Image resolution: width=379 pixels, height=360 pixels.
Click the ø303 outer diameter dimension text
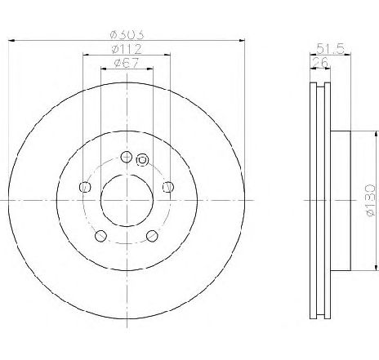tap(127, 34)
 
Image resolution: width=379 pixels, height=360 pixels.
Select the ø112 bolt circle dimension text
tap(127, 49)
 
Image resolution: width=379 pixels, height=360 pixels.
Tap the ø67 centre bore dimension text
tap(127, 63)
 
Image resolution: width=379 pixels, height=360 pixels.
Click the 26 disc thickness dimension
tap(321, 62)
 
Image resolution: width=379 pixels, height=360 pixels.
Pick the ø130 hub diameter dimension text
tap(371, 201)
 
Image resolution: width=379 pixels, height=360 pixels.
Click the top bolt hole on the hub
tap(127, 157)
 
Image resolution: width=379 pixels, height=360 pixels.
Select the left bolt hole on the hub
tap(85, 187)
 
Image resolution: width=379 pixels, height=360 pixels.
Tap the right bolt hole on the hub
tap(168, 187)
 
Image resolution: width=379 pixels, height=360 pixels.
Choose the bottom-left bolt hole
tap(100, 236)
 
